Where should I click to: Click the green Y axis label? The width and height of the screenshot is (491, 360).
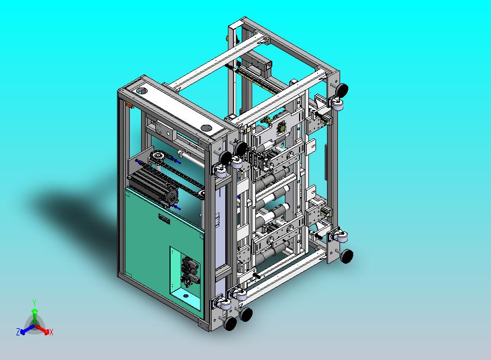34,303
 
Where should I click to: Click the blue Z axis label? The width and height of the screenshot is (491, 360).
18,332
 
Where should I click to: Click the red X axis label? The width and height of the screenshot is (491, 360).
51,332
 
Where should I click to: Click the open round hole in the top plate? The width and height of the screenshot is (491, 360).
142,91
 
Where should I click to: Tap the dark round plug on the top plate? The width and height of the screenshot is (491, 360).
206,127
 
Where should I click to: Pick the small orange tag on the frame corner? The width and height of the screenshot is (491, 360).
128,105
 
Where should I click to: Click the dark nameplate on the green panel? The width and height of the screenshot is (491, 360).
164,219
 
